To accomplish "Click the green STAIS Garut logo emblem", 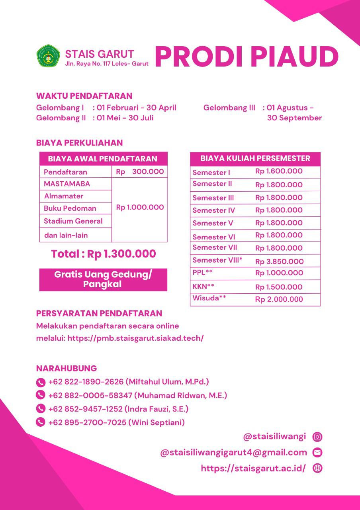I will (48, 56).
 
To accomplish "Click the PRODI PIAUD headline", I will (247, 57).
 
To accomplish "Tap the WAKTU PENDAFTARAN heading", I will (84, 96).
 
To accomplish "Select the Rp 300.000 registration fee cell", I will (140, 172).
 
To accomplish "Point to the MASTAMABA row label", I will (67, 184).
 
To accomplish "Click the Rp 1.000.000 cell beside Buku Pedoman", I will (140, 208).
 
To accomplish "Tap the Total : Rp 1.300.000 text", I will (104, 254).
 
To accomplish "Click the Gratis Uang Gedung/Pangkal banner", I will (103, 279).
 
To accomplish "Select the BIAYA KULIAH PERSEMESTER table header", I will (255, 159).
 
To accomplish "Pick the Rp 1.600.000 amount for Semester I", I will (279, 171).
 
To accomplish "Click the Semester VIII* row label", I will (217, 260).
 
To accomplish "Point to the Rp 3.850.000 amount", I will (279, 262).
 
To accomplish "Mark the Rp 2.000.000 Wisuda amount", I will (279, 300).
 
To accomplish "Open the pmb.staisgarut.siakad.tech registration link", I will (135, 338).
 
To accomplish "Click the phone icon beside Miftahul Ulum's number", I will (41, 382).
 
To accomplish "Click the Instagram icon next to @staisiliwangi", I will (317, 437).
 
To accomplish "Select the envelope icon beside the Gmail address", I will (317, 453).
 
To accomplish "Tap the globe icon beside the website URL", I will (317, 469).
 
